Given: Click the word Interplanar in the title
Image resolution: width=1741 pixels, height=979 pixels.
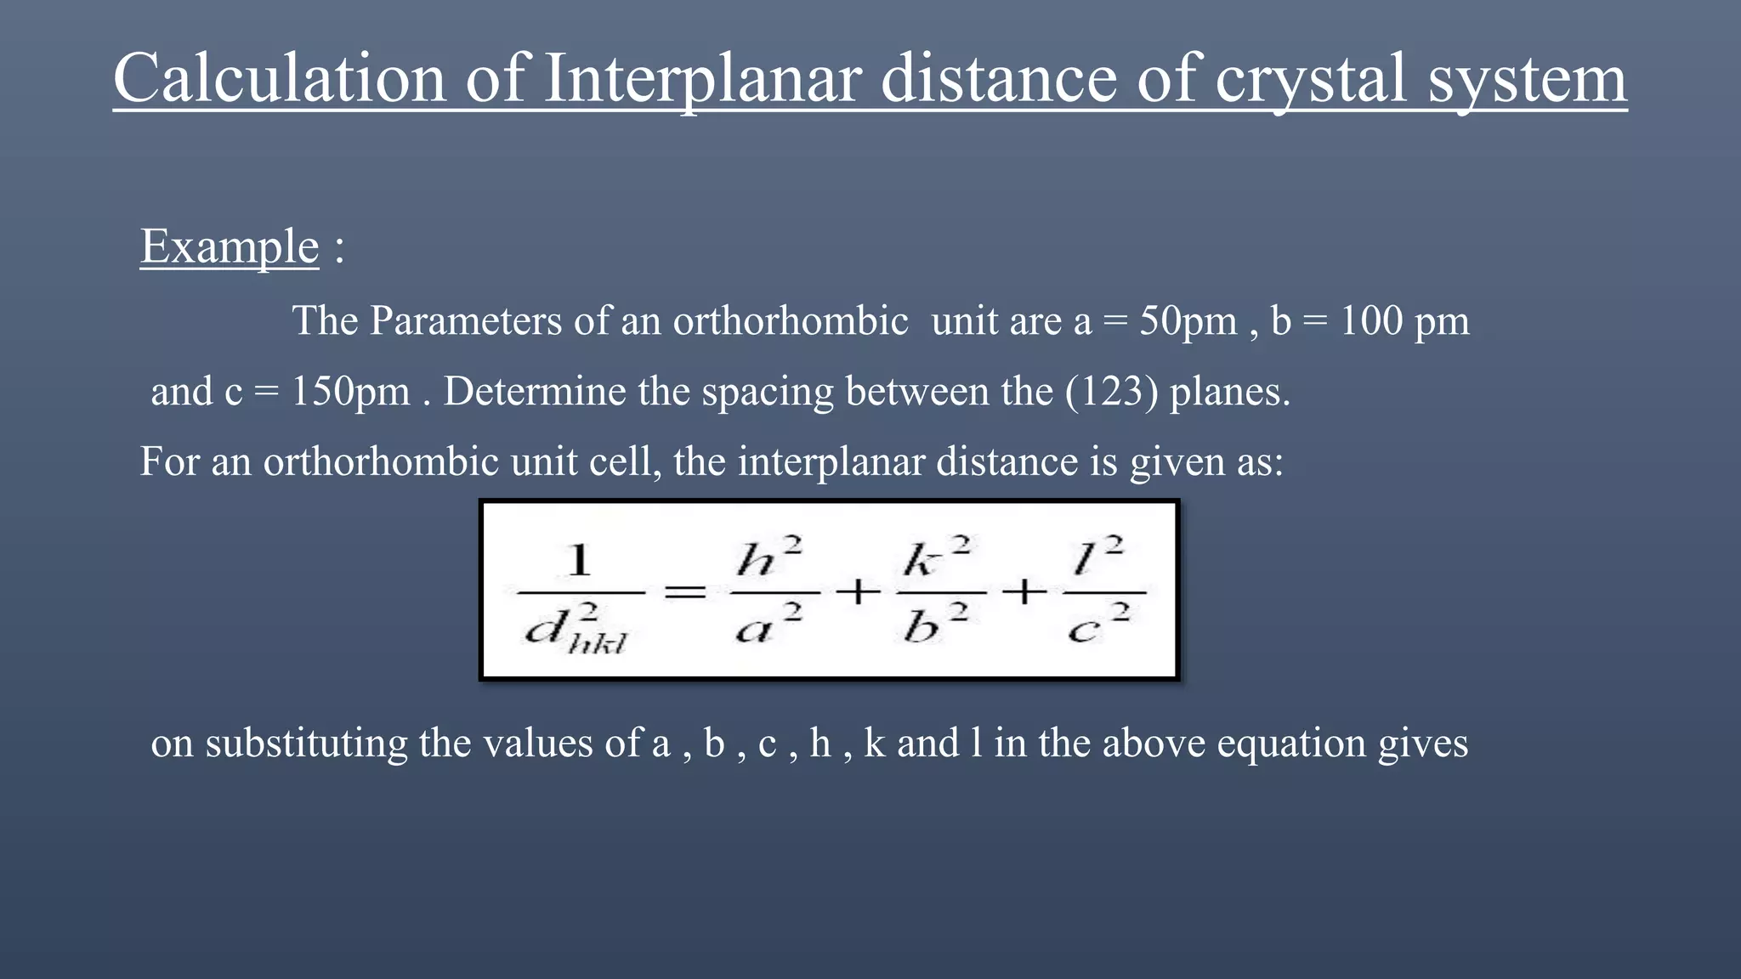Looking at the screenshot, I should (702, 78).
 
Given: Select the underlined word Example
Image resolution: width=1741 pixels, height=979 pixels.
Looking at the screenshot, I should (230, 246).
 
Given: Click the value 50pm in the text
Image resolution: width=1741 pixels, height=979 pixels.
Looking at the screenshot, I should (1188, 321).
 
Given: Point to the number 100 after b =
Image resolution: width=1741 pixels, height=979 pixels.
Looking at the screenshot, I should (1371, 321).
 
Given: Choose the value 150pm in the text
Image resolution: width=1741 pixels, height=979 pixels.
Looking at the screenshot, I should (350, 392).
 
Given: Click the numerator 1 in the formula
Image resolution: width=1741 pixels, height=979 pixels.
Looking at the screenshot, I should (579, 561).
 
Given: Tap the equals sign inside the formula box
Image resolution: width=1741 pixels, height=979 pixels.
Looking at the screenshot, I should (684, 592).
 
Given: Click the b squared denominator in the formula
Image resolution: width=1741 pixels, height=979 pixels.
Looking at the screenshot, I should (936, 627).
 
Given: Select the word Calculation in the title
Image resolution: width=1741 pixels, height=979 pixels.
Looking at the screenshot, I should (280, 78).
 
